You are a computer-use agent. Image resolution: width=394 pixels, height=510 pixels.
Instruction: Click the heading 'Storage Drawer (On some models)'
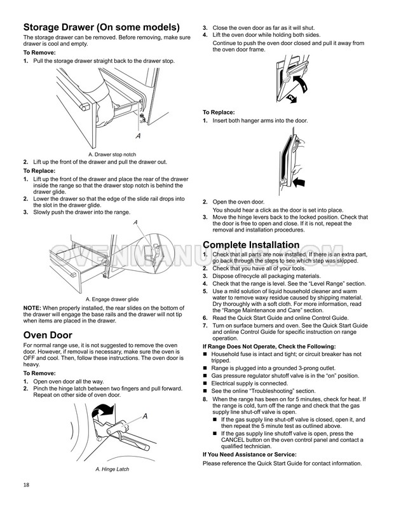coord(101,27)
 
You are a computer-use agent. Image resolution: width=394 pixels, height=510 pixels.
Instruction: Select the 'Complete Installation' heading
coord(250,245)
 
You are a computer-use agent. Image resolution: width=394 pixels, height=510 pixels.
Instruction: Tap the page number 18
coord(26,485)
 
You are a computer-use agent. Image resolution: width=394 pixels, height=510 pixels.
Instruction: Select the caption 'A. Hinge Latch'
coord(112,469)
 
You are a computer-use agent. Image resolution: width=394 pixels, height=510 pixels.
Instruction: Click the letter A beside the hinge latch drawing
coord(144,416)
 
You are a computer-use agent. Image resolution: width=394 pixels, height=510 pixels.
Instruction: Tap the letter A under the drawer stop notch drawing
coord(137,136)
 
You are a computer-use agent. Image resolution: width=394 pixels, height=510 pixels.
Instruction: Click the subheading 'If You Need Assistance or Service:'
coord(248,455)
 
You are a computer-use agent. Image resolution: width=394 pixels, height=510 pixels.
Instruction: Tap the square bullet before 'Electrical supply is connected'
coord(205,384)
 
